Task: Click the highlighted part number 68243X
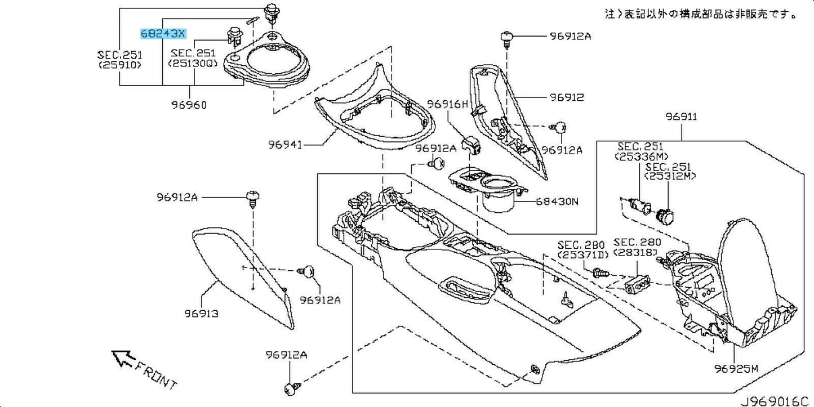pos(162,34)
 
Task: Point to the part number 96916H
pos(447,104)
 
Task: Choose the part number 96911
pos(681,117)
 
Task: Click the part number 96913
pos(201,314)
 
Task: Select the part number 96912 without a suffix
pos(567,97)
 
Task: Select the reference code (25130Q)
pos(192,64)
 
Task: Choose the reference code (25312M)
pos(670,177)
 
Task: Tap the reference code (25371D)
pos(581,255)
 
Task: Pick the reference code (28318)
pos(635,253)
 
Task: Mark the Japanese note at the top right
pos(701,14)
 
